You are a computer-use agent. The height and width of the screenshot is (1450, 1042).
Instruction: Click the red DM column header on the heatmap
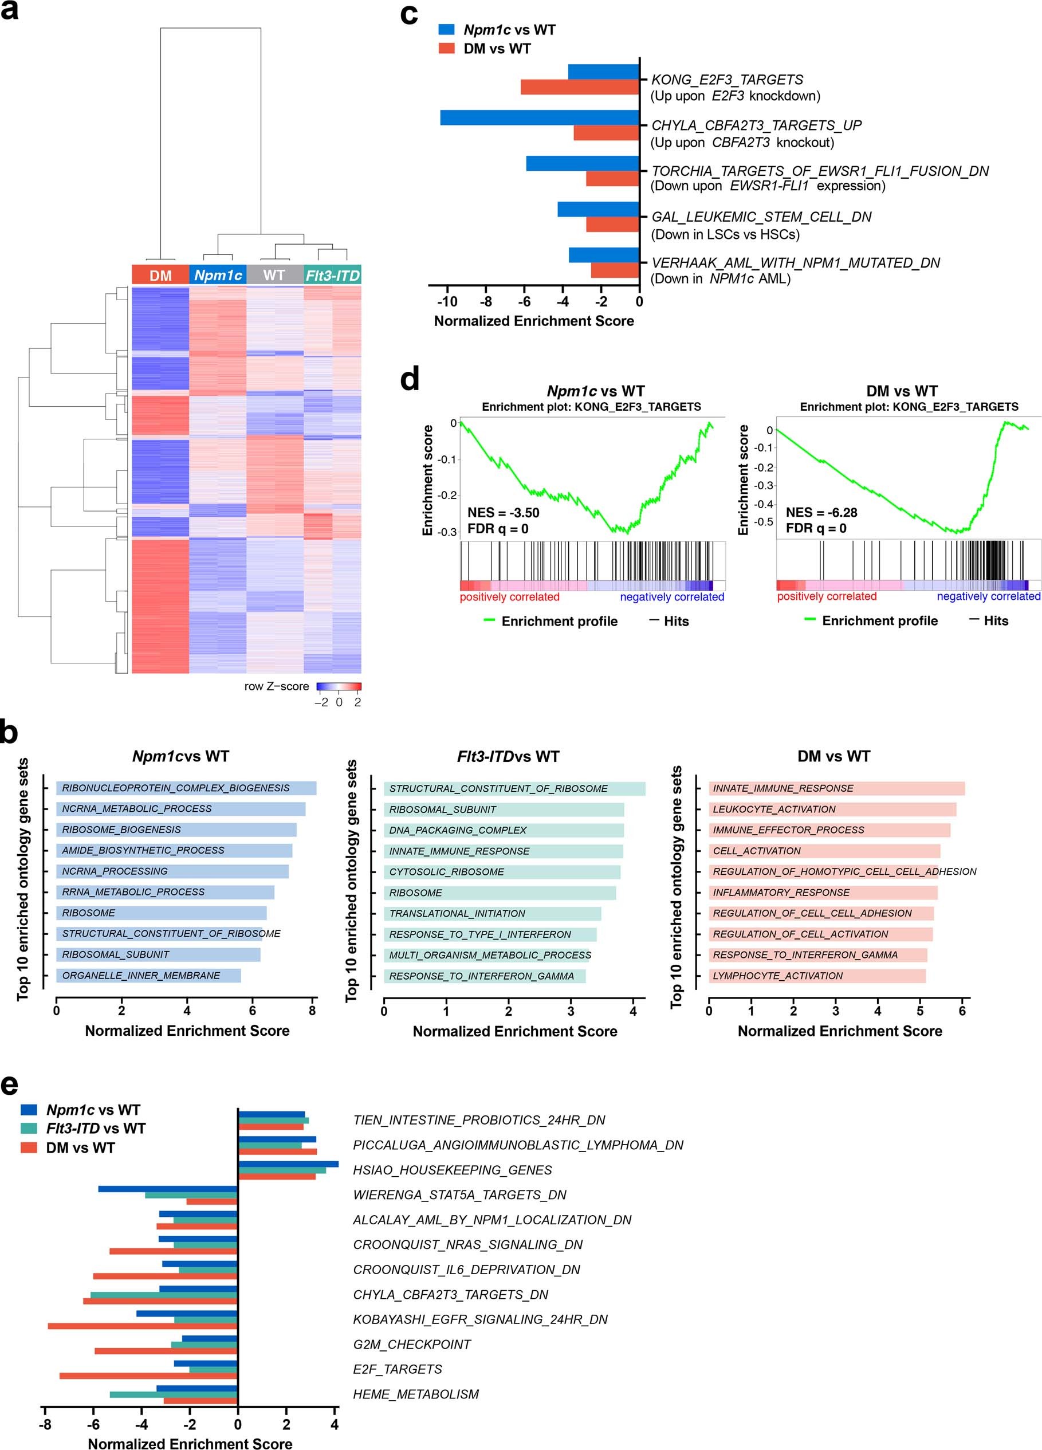(160, 275)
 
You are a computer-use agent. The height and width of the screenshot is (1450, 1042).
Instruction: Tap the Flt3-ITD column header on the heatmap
(332, 275)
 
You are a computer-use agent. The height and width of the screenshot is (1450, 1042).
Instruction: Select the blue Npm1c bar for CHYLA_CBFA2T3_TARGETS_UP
(540, 117)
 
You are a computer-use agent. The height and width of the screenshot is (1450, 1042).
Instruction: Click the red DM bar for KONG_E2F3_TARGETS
(580, 87)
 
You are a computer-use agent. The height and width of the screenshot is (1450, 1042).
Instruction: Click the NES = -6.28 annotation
(821, 512)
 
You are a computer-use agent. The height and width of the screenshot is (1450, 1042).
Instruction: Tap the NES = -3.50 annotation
(503, 512)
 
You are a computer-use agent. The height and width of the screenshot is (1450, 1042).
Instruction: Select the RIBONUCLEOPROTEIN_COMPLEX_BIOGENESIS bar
(186, 788)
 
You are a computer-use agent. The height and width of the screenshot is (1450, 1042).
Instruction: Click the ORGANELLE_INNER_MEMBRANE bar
(148, 975)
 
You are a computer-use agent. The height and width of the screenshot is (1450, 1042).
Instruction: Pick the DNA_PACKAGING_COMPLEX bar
(503, 830)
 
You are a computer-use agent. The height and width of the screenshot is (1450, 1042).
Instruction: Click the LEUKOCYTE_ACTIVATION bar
(832, 809)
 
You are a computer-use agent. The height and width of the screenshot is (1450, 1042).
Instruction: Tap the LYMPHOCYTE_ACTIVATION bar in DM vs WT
(817, 976)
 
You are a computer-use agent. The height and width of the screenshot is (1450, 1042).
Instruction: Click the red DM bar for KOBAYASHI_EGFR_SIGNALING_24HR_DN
(142, 1326)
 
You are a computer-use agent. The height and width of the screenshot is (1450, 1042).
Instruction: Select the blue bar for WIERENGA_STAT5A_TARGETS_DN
(167, 1189)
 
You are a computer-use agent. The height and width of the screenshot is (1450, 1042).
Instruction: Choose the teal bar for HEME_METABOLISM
(173, 1394)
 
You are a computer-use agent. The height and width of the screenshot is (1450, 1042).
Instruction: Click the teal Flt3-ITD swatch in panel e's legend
(29, 1129)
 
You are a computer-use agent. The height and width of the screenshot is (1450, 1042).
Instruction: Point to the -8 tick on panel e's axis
(45, 1424)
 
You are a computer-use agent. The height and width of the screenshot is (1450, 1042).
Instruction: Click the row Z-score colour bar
(339, 687)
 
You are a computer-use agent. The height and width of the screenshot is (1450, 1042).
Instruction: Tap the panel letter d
(409, 380)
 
